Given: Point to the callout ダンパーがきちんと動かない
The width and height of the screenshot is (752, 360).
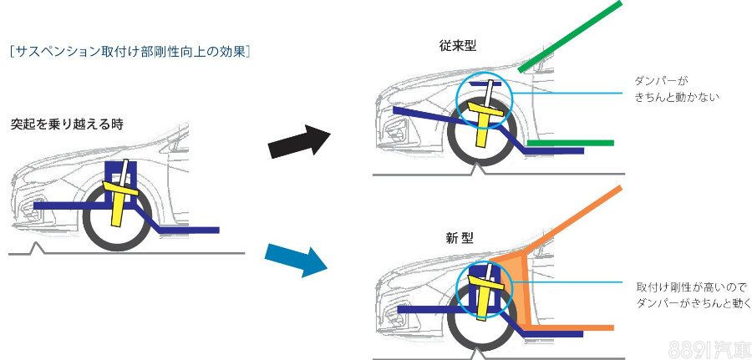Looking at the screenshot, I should [676, 89].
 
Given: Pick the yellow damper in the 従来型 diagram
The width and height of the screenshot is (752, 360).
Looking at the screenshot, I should [482, 121].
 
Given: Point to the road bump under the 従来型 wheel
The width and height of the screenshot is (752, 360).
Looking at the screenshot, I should [479, 169].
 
